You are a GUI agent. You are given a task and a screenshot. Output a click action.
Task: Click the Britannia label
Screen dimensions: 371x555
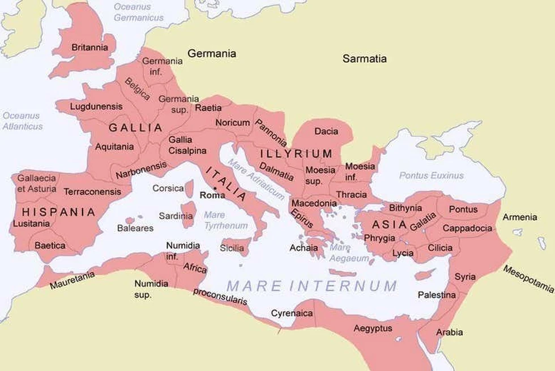coord(89,48)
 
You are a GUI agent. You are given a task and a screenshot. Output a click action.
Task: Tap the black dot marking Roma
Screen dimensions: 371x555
coord(215,187)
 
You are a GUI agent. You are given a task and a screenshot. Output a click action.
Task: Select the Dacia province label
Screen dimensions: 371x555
coord(326,131)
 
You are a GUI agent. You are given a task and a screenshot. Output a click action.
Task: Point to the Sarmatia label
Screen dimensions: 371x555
coord(365,58)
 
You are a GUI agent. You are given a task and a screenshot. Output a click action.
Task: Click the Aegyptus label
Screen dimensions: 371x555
coord(373,329)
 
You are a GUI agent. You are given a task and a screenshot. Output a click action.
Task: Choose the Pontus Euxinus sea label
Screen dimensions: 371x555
coord(431,176)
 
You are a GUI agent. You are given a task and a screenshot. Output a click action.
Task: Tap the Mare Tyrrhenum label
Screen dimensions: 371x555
coord(225,220)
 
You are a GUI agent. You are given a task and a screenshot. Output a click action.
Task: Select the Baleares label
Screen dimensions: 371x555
coord(135,228)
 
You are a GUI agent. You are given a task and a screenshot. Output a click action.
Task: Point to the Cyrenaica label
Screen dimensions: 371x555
coord(292,313)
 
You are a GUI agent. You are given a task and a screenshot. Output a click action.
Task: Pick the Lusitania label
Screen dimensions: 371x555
coord(31,224)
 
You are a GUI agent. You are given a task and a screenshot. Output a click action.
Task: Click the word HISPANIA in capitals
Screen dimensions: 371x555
coord(58,212)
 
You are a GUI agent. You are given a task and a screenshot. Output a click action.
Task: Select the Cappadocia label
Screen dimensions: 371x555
coord(467,228)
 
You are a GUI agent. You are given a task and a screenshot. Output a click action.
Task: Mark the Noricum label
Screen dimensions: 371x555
coord(232,122)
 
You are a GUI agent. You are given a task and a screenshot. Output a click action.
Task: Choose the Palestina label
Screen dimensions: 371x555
coord(437,295)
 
